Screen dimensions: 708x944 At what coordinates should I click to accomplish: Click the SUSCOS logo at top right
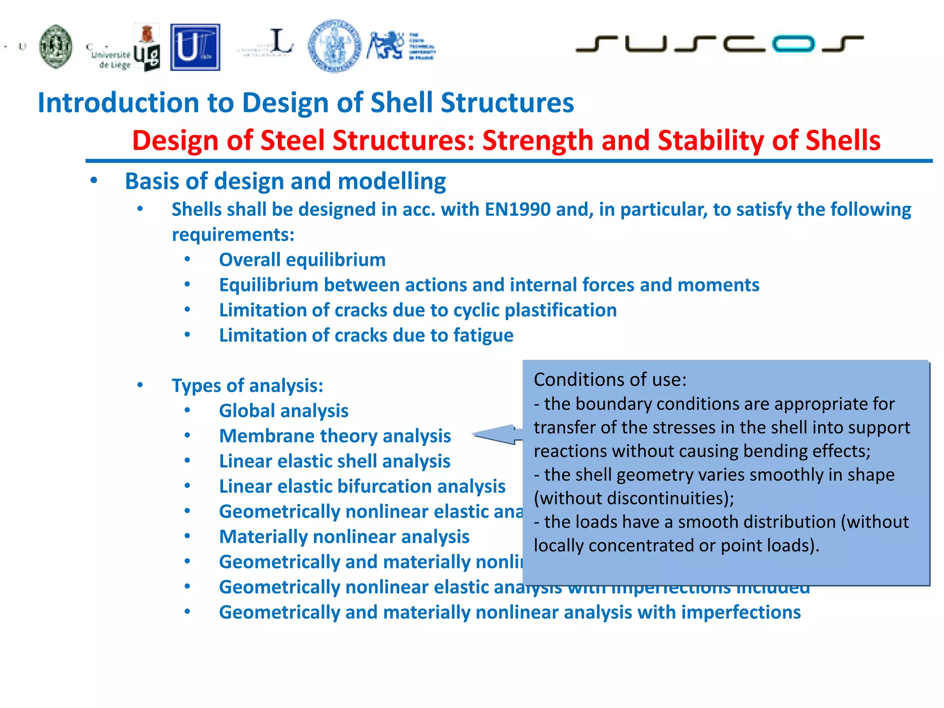(x=719, y=44)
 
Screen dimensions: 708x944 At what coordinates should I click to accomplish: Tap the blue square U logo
(x=195, y=47)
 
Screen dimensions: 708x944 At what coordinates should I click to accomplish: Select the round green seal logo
(x=56, y=47)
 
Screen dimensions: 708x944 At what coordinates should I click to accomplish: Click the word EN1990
(x=518, y=210)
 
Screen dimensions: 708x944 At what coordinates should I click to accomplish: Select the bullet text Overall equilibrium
(x=302, y=260)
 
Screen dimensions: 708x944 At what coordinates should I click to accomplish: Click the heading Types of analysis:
(x=248, y=386)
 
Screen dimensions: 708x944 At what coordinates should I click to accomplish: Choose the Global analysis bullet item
(x=283, y=411)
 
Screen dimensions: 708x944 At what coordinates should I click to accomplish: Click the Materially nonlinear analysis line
(x=344, y=537)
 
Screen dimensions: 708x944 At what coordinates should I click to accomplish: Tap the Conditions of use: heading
(x=610, y=380)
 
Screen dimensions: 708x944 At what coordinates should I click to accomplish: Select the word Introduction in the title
(x=118, y=102)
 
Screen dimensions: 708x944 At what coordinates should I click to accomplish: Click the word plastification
(x=560, y=310)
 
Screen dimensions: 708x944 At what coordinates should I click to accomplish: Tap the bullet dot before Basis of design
(x=94, y=181)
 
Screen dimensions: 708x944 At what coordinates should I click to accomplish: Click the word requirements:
(x=233, y=235)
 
